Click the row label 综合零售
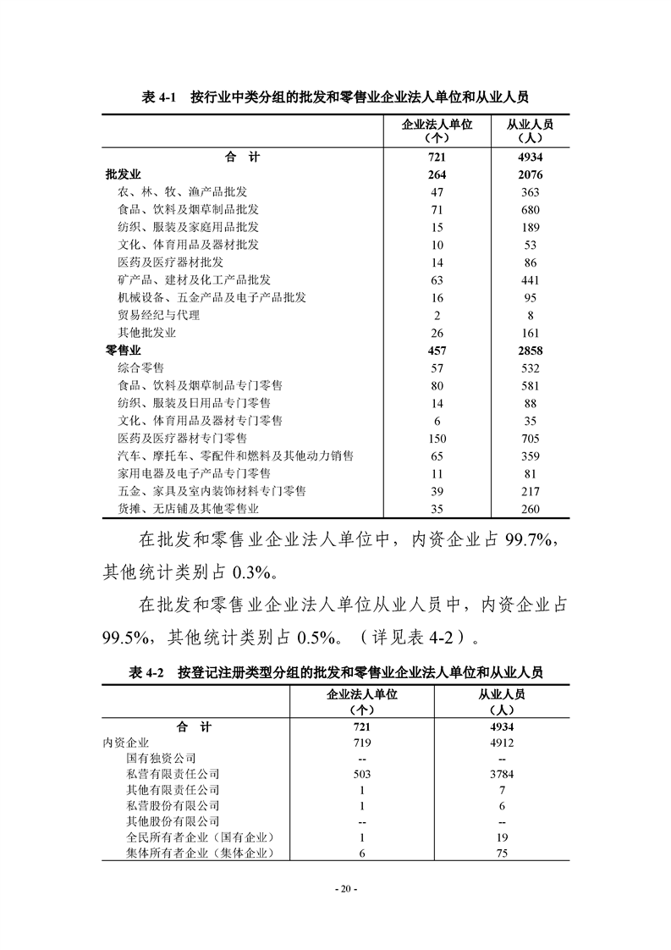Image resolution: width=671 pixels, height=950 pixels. (x=140, y=368)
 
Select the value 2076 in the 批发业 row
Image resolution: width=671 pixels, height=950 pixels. (x=530, y=175)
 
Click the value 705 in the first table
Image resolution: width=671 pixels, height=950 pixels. (x=530, y=439)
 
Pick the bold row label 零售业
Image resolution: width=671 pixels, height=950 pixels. (x=123, y=351)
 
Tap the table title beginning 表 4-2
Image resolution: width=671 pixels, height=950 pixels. (x=336, y=672)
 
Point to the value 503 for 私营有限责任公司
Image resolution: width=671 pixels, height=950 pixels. (x=361, y=774)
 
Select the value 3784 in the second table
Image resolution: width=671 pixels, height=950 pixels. (x=501, y=774)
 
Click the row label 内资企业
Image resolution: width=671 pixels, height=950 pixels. (x=125, y=743)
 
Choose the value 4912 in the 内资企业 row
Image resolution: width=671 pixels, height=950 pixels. (x=501, y=743)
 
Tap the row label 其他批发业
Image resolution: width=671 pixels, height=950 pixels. (x=146, y=333)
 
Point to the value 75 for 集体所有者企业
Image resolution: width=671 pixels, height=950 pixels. (x=501, y=854)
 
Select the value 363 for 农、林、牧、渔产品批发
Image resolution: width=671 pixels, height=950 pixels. (x=530, y=192)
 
